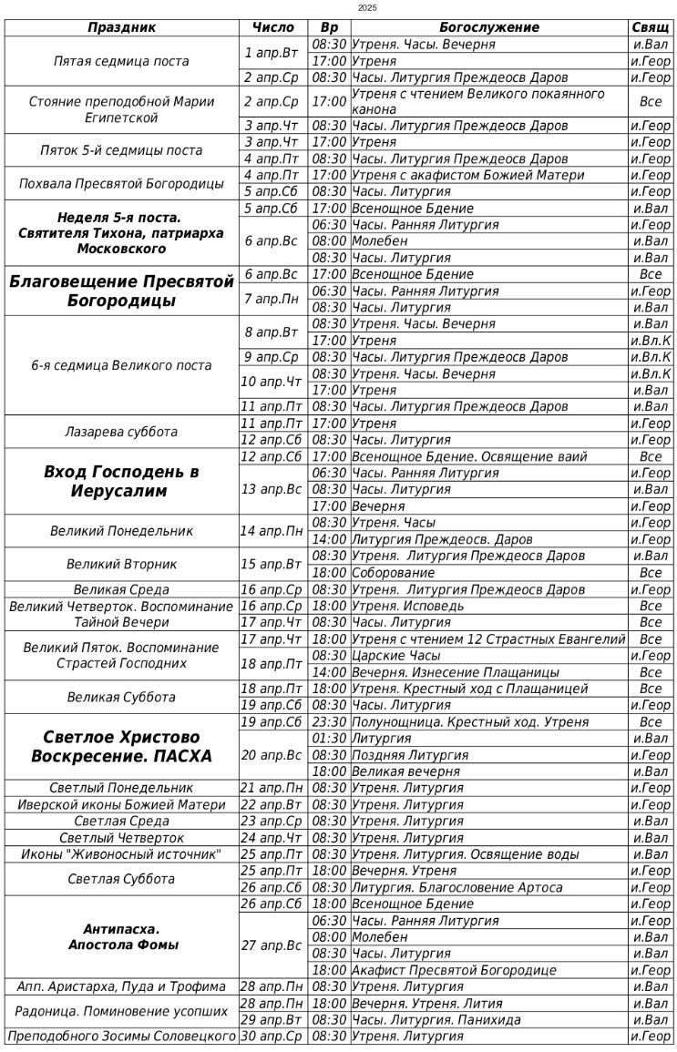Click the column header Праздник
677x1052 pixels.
click(121, 27)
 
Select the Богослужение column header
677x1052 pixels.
click(489, 27)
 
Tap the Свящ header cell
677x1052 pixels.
click(651, 27)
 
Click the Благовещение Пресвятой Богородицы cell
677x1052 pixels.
click(121, 291)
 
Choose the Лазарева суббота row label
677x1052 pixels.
click(121, 432)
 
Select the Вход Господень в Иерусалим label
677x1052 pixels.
click(121, 481)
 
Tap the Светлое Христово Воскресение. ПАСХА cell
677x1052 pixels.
click(121, 746)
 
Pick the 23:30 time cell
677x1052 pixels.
click(329, 722)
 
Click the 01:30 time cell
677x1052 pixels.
click(329, 739)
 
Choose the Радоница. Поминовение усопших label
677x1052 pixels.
click(121, 1011)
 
